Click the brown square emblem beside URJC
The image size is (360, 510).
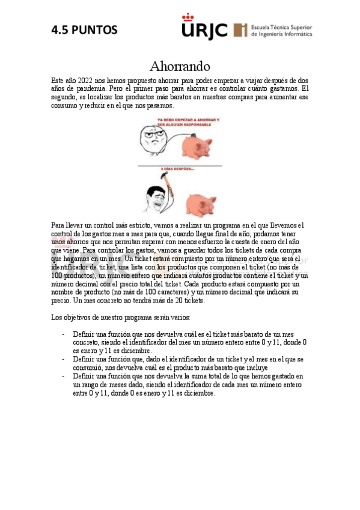pos(240,30)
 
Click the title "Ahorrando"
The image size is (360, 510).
pos(180,66)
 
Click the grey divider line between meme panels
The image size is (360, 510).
pos(180,164)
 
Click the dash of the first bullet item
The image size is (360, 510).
pos(64,334)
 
